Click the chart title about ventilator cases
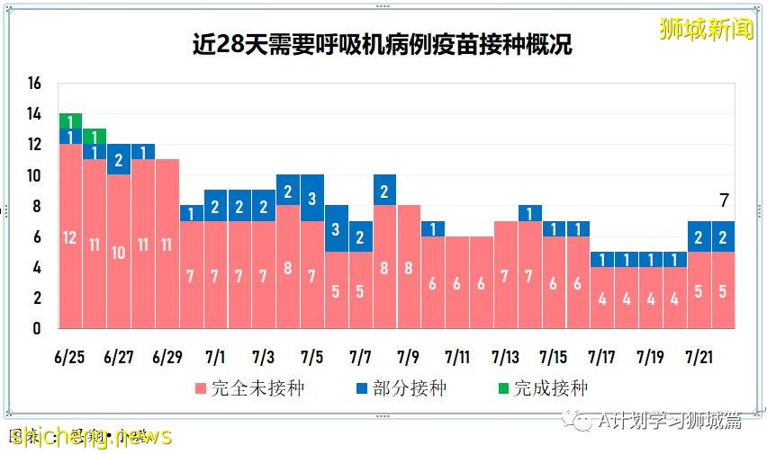382,45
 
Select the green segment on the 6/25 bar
70,121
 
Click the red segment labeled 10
119,252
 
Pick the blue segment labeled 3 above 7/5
311,198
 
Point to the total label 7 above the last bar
724,200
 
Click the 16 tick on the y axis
34,84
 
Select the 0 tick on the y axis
36,328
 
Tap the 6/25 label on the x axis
70,357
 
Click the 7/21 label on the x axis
700,357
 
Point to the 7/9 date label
409,357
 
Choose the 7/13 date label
506,357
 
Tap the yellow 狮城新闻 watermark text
706,29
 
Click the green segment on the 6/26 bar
95,137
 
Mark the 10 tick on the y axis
34,175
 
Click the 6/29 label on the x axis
167,357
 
